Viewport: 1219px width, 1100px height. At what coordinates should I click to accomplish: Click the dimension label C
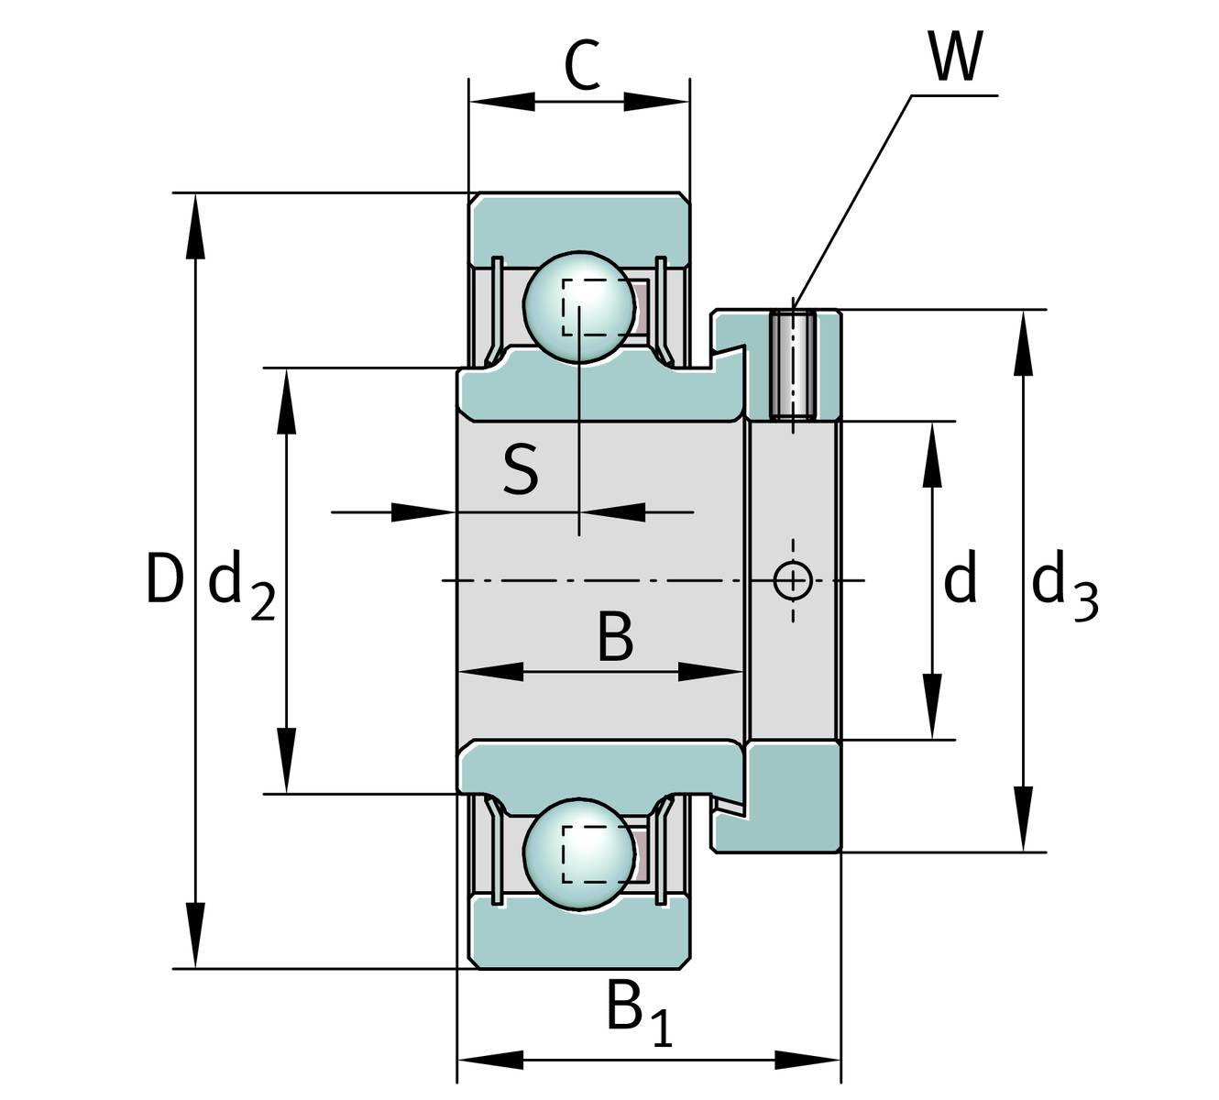pyautogui.click(x=582, y=65)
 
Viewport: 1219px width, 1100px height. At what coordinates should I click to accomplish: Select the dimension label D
pyautogui.click(x=165, y=577)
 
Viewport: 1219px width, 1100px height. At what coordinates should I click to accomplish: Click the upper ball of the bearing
pyautogui.click(x=579, y=307)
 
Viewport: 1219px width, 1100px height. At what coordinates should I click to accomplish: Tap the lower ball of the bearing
pyautogui.click(x=579, y=853)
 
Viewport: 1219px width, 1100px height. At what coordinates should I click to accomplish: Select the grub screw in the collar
pyautogui.click(x=793, y=365)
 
